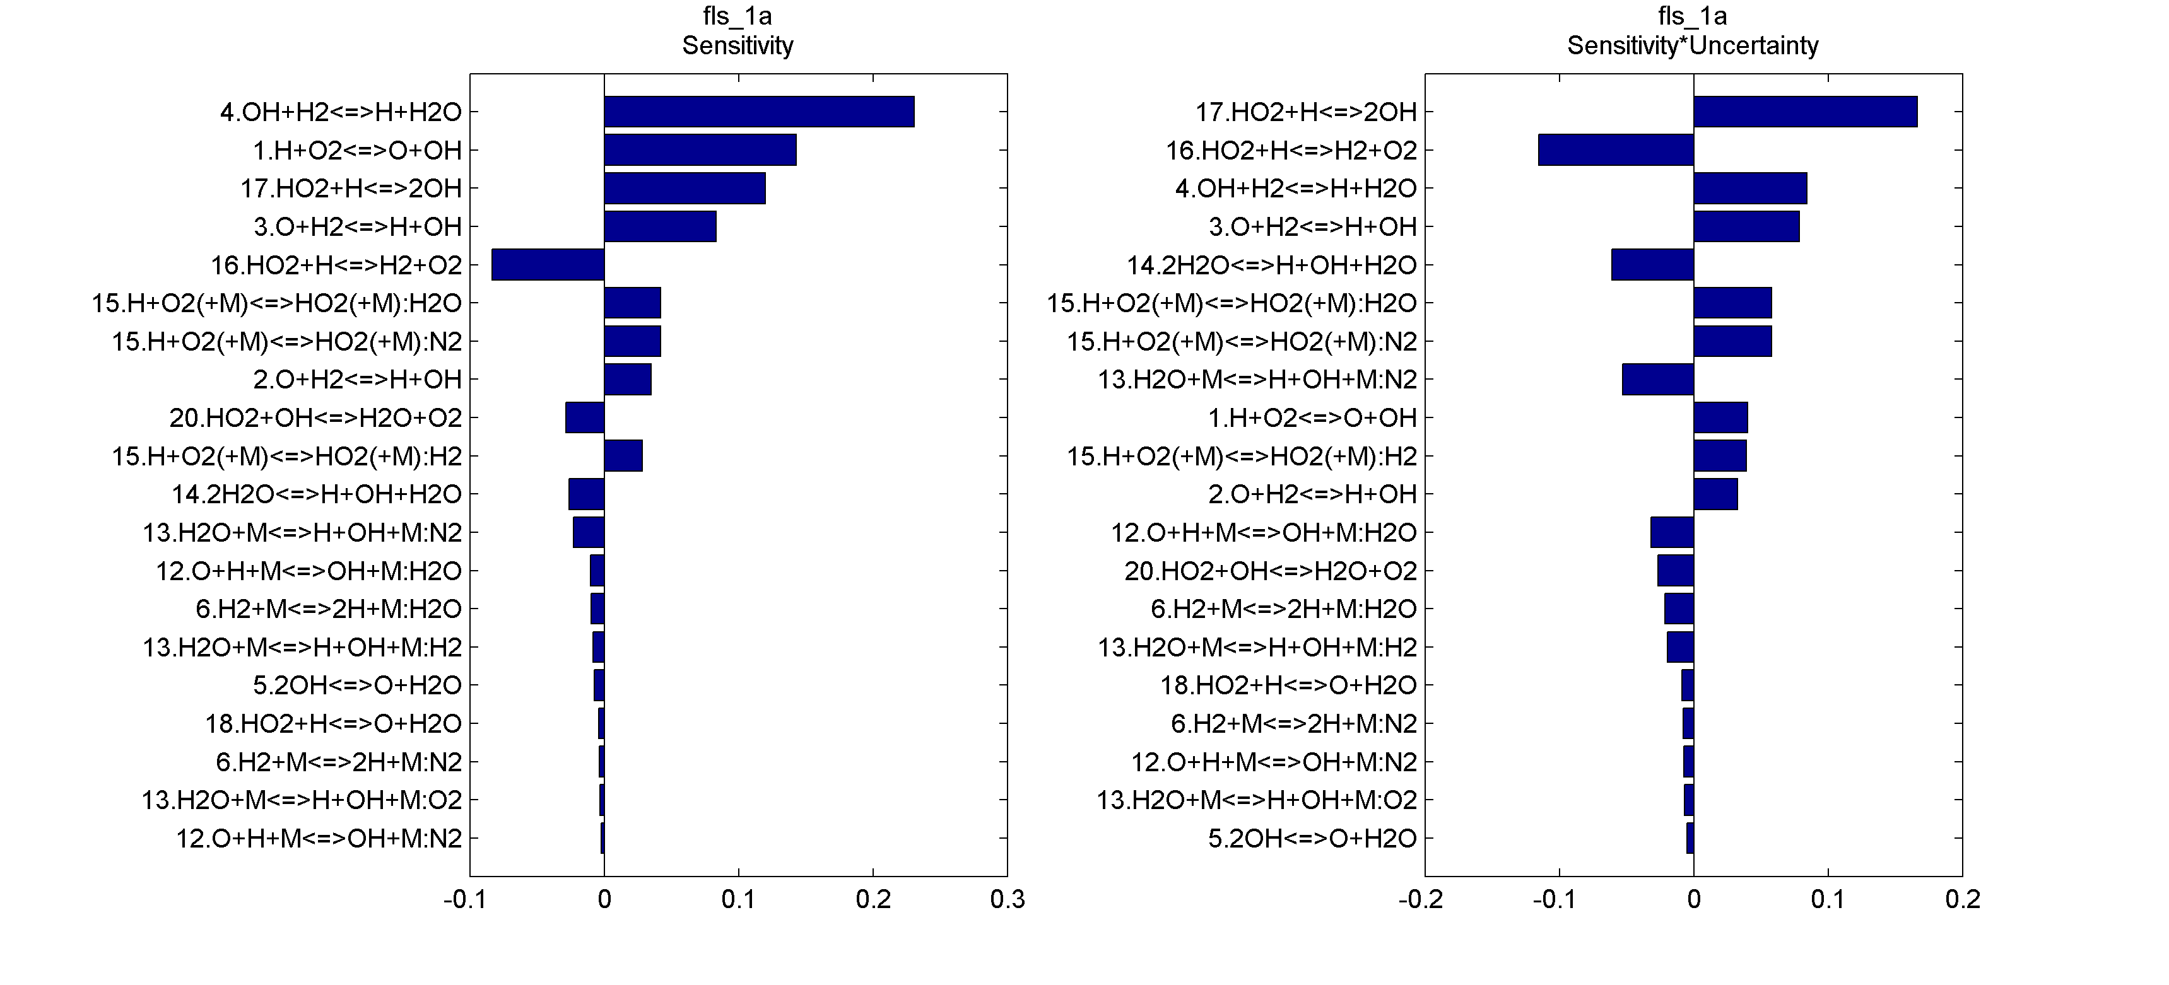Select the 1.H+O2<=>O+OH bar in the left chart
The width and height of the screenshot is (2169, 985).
pyautogui.click(x=700, y=150)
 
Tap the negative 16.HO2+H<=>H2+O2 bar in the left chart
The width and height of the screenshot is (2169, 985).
pyautogui.click(x=548, y=264)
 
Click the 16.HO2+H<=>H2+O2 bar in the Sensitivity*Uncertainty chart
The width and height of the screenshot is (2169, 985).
pyautogui.click(x=1616, y=150)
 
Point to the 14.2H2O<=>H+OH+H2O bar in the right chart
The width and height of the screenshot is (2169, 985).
pyautogui.click(x=1652, y=264)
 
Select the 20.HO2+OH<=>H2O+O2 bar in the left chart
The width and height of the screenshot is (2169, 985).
pyautogui.click(x=584, y=417)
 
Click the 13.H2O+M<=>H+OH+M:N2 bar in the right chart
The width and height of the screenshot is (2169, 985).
pyautogui.click(x=1658, y=379)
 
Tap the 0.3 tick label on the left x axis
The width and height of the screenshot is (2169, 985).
pyautogui.click(x=1007, y=900)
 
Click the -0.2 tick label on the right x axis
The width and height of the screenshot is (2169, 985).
pyautogui.click(x=1421, y=900)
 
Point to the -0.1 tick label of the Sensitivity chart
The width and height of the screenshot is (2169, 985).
pyautogui.click(x=465, y=900)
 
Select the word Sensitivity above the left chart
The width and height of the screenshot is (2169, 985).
pyautogui.click(x=738, y=45)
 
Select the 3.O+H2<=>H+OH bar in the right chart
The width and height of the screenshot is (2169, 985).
pyautogui.click(x=1746, y=226)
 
